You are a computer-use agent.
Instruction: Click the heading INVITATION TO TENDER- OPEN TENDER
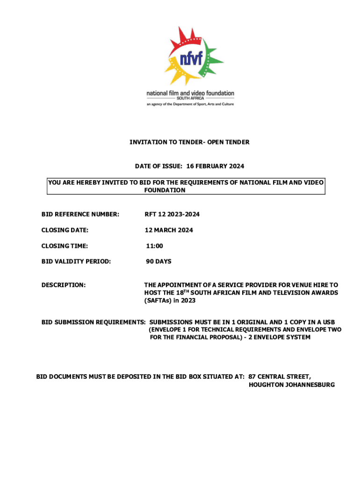coord(189,142)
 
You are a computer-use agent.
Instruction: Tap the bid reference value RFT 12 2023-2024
coord(172,214)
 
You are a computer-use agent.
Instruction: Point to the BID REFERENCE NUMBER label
coord(80,214)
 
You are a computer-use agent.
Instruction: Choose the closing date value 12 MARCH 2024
coord(169,230)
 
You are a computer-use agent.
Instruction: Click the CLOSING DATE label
coord(65,230)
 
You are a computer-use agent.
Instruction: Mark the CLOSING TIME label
coord(65,246)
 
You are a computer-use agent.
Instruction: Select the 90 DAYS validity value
coord(158,261)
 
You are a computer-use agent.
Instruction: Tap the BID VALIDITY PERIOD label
coord(76,261)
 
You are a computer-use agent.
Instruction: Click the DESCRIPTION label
coord(64,284)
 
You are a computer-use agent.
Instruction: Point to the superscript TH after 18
coord(186,291)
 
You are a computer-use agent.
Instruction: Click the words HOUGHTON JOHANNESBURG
coord(292,385)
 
